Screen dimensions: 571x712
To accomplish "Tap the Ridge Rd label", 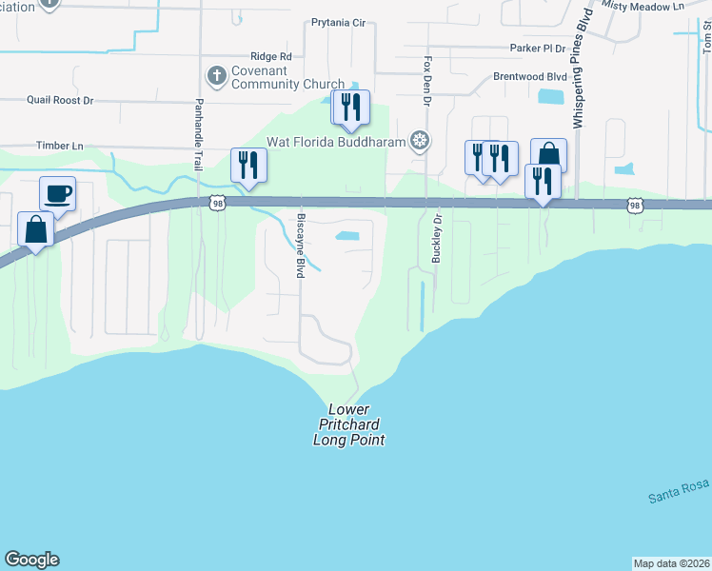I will pyautogui.click(x=270, y=57).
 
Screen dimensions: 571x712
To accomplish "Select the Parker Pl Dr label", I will pyautogui.click(x=537, y=48).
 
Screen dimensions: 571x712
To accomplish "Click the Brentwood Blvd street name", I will pyautogui.click(x=529, y=76).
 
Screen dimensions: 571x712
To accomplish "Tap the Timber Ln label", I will pyautogui.click(x=60, y=146).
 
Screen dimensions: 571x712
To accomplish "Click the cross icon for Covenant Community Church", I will pyautogui.click(x=216, y=74).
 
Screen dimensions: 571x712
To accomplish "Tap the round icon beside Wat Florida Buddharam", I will pyautogui.click(x=420, y=142).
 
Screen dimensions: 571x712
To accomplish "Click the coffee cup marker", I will pyautogui.click(x=57, y=194).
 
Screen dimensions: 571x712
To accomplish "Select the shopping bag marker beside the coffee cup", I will pyautogui.click(x=36, y=229).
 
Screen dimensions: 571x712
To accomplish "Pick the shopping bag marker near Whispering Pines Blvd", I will pyautogui.click(x=548, y=155).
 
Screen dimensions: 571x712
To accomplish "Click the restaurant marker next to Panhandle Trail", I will pyautogui.click(x=248, y=165).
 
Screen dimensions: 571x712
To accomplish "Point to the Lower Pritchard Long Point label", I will pyautogui.click(x=348, y=424).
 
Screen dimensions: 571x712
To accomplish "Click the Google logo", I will pyautogui.click(x=31, y=560).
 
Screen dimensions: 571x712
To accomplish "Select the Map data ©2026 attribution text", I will pyautogui.click(x=672, y=563).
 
